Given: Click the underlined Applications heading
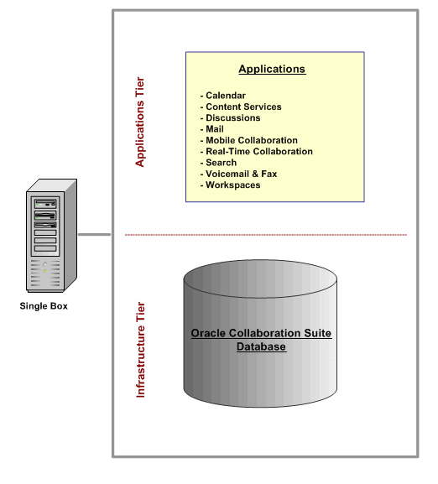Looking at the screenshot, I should pos(272,70).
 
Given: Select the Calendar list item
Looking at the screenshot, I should pos(226,96).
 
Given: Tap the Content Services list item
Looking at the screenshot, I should pos(243,107).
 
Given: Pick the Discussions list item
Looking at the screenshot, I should pos(232,118).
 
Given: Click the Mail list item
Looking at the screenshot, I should pos(214,129).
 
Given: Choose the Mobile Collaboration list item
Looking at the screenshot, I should pos(251,140).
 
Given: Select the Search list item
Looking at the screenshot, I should pos(221,163).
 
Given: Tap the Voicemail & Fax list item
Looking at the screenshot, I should pos(241,174).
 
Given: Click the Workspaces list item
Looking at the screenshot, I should pos(232,185).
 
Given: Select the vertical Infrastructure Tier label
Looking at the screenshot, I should pos(140,350).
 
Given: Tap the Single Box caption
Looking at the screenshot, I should pos(44,306).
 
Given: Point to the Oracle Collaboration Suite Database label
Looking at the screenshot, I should pos(261,340).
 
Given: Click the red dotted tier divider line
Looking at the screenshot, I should pos(265,235).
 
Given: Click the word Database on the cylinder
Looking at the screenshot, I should pos(261,346).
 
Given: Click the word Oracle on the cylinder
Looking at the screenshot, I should pos(206,334).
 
